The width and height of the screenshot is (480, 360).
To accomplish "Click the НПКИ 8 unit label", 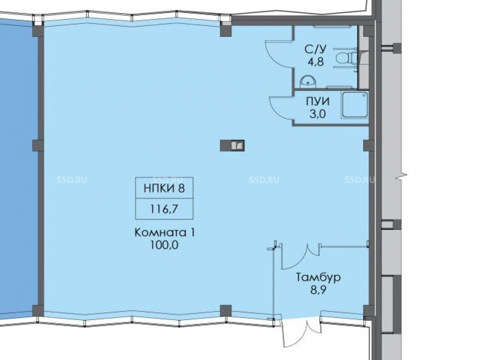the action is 164,188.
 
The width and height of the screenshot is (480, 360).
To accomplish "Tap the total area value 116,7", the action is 164,209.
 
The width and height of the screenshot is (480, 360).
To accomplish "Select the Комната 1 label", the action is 165,232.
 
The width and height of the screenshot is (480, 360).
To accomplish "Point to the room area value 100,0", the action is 164,245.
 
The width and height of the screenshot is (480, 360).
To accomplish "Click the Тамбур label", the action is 318,277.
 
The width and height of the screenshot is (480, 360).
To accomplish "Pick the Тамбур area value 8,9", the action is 318,289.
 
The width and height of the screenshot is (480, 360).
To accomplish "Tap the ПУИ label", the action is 318,101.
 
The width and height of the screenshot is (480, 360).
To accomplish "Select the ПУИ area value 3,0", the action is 318,114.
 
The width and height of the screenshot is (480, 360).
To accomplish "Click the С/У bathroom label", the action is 316,49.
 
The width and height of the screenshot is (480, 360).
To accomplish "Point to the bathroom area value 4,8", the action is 316,62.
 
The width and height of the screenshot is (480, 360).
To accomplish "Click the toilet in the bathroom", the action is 347,58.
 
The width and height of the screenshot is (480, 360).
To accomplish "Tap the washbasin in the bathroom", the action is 308,81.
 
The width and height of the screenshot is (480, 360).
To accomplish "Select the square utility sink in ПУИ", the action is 355,105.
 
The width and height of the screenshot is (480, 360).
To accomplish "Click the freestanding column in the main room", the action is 232,145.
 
